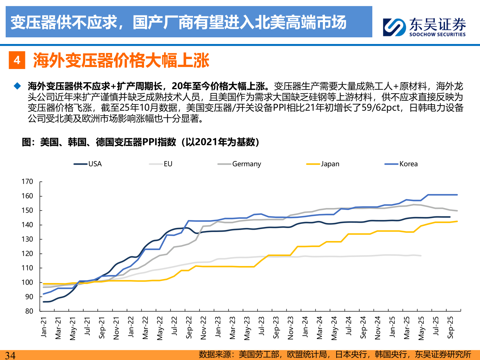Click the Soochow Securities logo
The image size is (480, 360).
[424, 27]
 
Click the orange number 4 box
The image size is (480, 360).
[17, 60]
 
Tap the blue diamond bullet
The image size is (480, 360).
[17, 86]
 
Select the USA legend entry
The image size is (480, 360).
[88, 164]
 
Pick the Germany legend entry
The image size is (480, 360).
[239, 164]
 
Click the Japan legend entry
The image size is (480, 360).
[323, 164]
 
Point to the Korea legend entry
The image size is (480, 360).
[401, 164]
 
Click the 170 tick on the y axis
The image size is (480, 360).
[27, 182]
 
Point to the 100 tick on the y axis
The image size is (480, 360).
[27, 282]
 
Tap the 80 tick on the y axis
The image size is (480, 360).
[29, 311]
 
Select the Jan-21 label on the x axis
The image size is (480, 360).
[44, 327]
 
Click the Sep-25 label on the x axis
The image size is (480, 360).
[450, 328]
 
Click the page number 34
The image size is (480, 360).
[10, 355]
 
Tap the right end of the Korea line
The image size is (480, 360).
[457, 195]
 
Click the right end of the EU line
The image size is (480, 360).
[421, 256]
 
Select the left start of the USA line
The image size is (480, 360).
[44, 302]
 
